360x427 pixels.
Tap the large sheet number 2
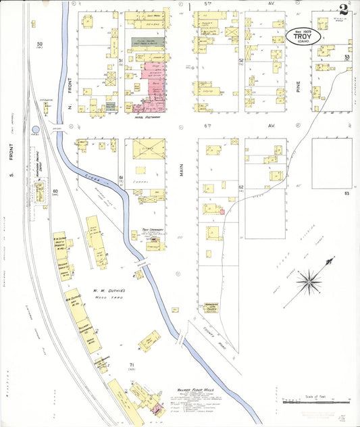(x=344, y=9)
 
